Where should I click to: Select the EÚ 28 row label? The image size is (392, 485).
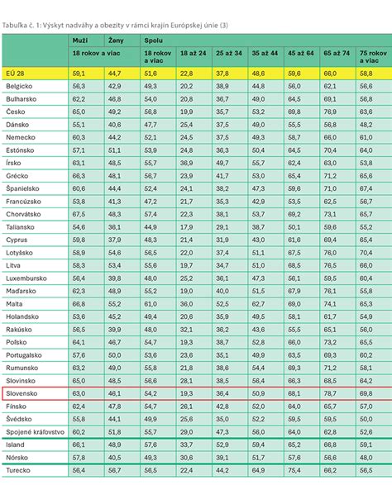coord(16,74)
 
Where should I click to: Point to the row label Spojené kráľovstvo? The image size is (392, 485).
coord(34,431)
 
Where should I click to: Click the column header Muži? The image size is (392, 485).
coord(80,40)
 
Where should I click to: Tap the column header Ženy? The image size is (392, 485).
coord(117,40)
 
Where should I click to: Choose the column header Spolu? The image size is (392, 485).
coord(153,40)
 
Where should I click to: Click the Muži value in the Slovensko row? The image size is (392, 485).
coord(79,395)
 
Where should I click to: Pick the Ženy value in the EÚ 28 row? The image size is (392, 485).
coord(115,74)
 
